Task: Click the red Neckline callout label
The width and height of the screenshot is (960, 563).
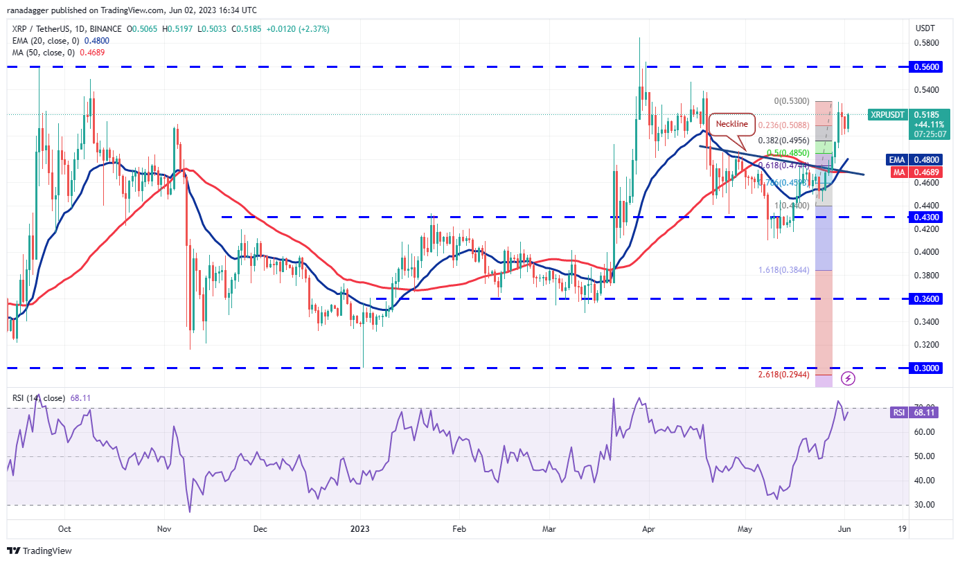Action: (732, 124)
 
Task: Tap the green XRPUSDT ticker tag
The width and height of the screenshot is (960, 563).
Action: (887, 114)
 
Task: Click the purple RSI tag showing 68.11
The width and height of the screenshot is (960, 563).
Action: (898, 412)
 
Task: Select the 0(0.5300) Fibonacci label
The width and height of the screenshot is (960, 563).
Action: (792, 101)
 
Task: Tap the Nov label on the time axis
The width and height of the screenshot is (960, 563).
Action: (164, 530)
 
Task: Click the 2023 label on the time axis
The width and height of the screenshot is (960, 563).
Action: (359, 530)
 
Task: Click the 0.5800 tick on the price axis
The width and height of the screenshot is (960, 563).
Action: (926, 43)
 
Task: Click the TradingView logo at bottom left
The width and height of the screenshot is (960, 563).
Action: (39, 551)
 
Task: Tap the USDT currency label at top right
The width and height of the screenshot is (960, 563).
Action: (925, 28)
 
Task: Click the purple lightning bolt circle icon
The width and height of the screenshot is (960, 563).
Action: (848, 378)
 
